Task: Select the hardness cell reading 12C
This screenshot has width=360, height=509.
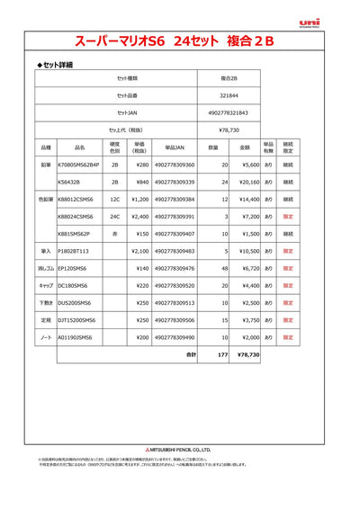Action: [114, 199]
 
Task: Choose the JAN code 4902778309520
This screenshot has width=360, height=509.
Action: [175, 285]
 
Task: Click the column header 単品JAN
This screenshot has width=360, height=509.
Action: [175, 146]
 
